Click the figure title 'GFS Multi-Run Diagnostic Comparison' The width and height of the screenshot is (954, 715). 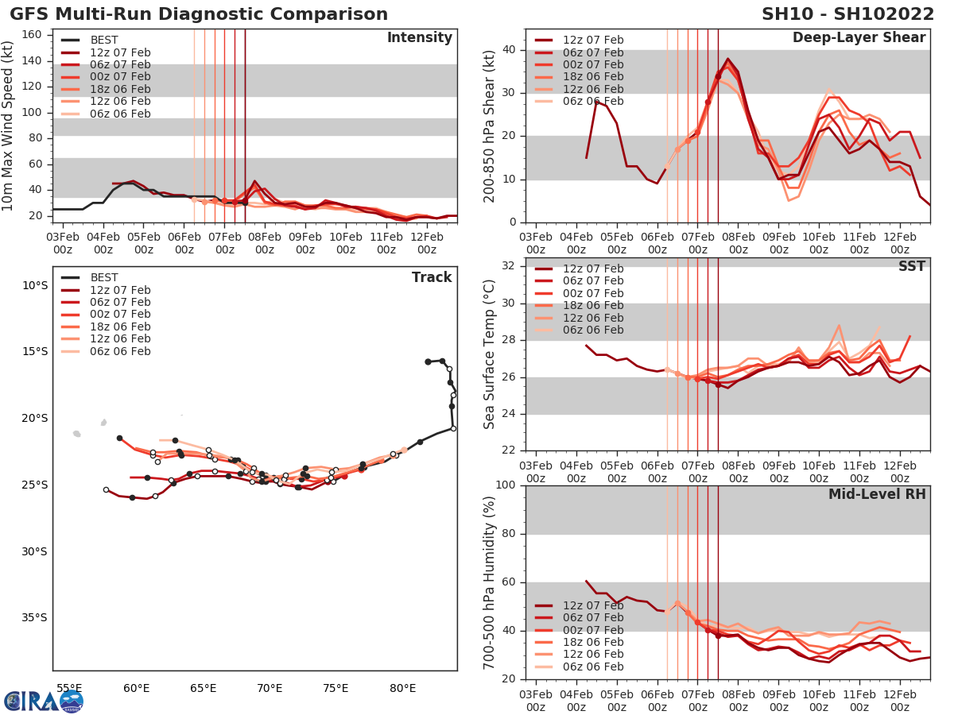(199, 14)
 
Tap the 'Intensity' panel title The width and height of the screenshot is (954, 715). (419, 38)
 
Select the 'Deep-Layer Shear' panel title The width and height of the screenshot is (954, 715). (859, 38)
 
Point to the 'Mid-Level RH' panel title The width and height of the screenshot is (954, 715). (877, 495)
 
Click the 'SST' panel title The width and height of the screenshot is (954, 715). (911, 266)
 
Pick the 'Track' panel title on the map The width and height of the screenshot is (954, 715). (432, 277)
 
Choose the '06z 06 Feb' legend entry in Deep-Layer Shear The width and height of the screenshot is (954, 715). (593, 102)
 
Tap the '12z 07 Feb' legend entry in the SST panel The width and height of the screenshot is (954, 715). (593, 269)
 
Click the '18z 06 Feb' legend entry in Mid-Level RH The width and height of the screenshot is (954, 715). (593, 642)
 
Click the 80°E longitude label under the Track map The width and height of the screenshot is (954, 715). (403, 688)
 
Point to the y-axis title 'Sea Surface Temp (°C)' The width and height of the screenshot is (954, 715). (490, 354)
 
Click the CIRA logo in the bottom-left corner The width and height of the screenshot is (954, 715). (43, 701)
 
